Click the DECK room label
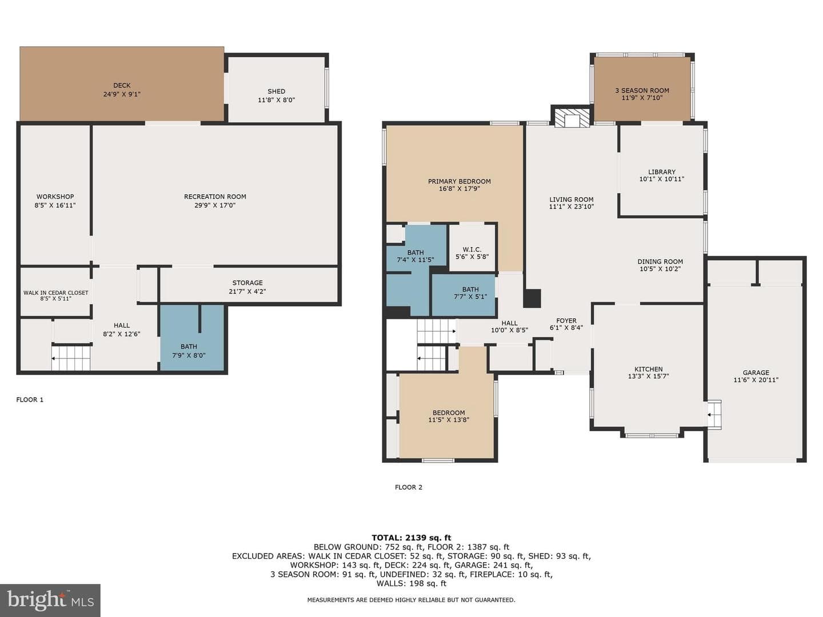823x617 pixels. tap(122, 86)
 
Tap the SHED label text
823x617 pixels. tap(276, 91)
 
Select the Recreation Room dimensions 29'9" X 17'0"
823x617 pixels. tap(215, 205)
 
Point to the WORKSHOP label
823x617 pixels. tap(55, 197)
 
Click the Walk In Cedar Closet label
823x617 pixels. tap(56, 293)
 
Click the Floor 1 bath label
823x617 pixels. tap(189, 347)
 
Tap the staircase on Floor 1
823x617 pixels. tap(71, 359)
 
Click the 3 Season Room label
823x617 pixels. tap(642, 90)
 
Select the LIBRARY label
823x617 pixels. tap(662, 172)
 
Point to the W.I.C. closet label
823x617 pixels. tap(472, 250)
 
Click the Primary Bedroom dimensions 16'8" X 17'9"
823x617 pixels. tap(460, 189)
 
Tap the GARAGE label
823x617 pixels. tap(756, 372)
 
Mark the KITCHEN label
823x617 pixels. tap(648, 369)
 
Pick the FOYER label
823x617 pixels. tap(566, 320)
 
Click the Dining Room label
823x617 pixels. tap(660, 262)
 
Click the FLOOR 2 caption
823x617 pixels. tap(408, 487)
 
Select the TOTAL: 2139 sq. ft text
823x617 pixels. tap(411, 538)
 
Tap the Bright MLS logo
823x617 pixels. tap(50, 600)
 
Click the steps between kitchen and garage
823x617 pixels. tap(714, 414)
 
